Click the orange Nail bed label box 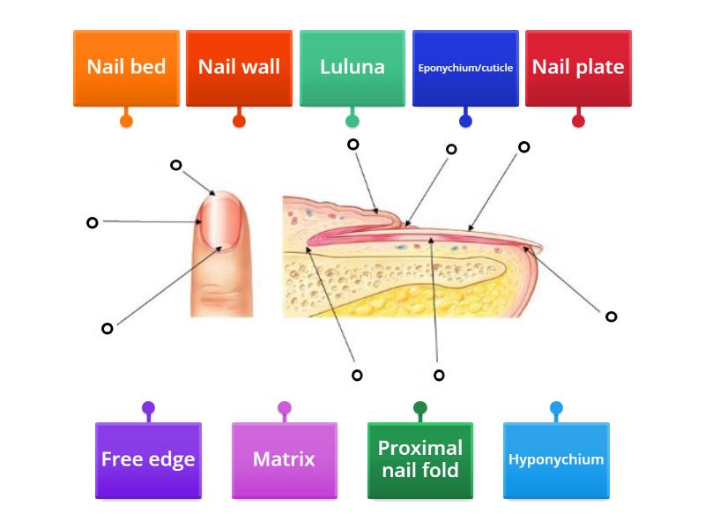[x=126, y=69]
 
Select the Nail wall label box [x=239, y=69]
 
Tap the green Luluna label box [x=352, y=69]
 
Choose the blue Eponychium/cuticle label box [x=465, y=69]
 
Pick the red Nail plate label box [x=578, y=69]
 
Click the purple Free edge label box [x=148, y=460]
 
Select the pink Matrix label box [x=285, y=460]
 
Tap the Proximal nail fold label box [x=420, y=460]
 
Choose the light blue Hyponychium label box [x=556, y=460]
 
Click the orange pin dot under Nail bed [x=126, y=121]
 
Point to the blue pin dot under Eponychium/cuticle [x=465, y=121]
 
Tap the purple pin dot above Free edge [x=148, y=408]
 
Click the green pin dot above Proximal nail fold [x=420, y=408]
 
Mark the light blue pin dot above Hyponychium [x=556, y=408]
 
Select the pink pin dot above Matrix [x=285, y=408]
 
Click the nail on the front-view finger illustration [x=221, y=221]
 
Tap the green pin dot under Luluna [x=352, y=121]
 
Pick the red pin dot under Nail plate [x=578, y=121]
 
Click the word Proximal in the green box [x=420, y=448]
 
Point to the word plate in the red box [x=600, y=67]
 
